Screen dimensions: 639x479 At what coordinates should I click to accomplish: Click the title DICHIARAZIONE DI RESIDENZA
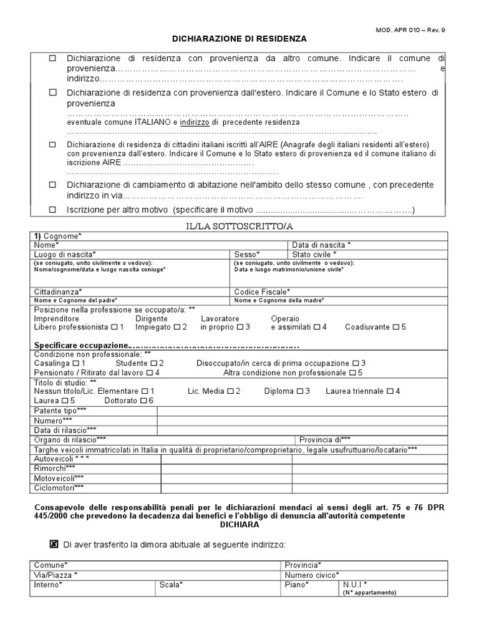239,39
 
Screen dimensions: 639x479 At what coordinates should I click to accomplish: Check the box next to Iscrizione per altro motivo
53,210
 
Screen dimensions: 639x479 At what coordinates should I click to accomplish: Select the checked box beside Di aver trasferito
54,544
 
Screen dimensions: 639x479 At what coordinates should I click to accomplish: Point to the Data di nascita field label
321,245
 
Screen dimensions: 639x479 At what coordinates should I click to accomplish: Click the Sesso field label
246,254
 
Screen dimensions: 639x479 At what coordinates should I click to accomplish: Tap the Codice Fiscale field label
262,291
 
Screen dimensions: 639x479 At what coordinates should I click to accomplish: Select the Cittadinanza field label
58,291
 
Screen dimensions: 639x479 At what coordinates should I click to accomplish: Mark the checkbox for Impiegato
177,327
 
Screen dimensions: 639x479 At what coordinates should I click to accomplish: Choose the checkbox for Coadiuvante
395,327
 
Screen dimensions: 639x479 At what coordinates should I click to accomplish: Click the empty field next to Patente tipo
302,411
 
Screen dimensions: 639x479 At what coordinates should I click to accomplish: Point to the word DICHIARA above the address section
239,525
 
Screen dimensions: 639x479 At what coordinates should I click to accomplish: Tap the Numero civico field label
312,575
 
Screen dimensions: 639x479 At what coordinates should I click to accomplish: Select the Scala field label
171,585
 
